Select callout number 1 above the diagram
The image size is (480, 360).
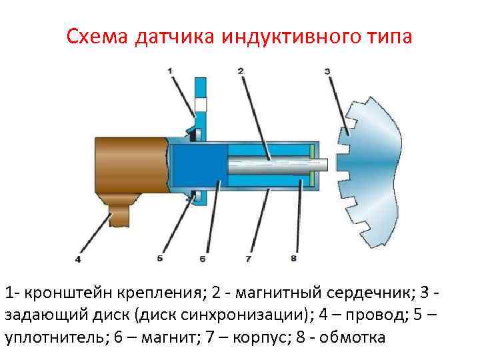tap(170, 70)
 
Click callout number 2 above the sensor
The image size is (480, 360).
tap(239, 70)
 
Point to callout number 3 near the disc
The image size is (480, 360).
tap(327, 70)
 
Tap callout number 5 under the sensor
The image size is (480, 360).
tap(160, 258)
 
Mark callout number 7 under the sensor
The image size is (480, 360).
tap(249, 258)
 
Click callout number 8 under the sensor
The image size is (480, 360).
tap(294, 258)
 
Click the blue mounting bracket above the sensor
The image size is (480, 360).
tap(199, 93)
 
